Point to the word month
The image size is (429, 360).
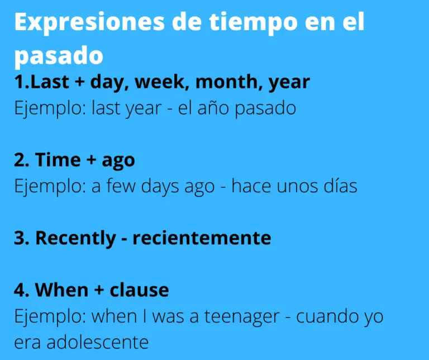pyautogui.click(x=228, y=82)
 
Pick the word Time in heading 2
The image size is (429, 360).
pyautogui.click(x=58, y=160)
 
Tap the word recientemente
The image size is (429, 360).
pyautogui.click(x=202, y=238)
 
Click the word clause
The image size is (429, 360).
pyautogui.click(x=139, y=290)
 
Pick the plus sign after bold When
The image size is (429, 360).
pyautogui.click(x=99, y=290)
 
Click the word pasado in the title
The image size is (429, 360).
pyautogui.click(x=59, y=55)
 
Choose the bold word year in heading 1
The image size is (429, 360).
pyautogui.click(x=289, y=82)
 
